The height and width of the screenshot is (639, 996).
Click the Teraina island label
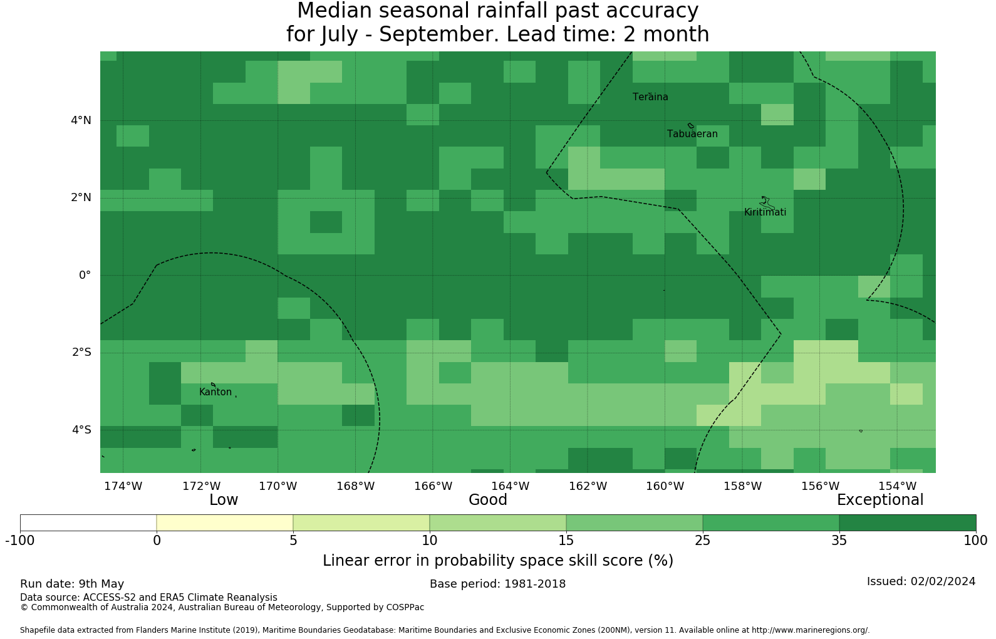(650, 97)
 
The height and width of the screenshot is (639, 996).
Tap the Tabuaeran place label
(692, 134)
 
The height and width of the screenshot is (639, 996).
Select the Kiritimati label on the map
(765, 212)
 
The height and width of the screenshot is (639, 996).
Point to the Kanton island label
(215, 392)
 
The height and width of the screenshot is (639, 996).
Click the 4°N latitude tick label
(81, 120)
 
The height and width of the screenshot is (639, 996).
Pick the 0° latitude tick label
(85, 275)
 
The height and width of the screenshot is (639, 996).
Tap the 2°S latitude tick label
(81, 352)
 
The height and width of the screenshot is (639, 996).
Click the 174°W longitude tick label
(123, 486)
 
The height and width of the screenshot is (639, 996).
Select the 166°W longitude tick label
(433, 486)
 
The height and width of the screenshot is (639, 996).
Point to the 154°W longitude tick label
(897, 486)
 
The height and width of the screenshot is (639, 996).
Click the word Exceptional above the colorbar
(880, 500)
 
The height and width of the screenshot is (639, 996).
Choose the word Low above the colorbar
(224, 500)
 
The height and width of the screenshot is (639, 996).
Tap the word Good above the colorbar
(488, 500)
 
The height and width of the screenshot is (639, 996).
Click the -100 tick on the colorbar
(20, 541)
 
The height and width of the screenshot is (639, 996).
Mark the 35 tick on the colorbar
(839, 541)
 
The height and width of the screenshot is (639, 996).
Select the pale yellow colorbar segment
(224, 523)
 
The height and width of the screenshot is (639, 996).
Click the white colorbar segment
(88, 523)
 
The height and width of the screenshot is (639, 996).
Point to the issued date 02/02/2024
(943, 581)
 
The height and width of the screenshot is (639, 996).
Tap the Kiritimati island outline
(767, 203)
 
